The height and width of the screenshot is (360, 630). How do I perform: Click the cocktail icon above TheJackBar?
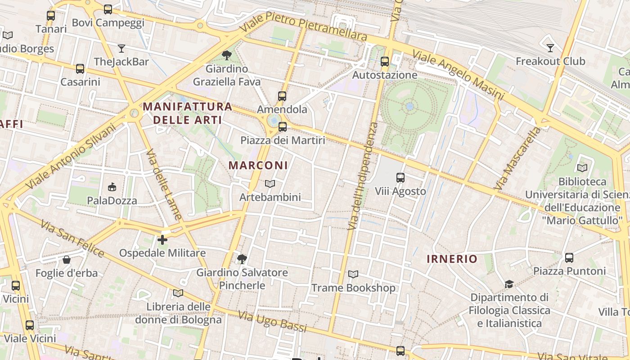(x=121, y=48)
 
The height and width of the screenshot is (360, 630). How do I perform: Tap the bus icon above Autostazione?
(x=384, y=62)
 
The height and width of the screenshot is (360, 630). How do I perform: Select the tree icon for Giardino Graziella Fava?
(x=227, y=55)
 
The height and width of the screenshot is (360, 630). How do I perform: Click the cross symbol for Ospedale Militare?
(x=162, y=240)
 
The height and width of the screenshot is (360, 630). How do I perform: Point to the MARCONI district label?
(x=258, y=165)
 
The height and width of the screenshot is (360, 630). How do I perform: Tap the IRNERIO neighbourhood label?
(x=452, y=259)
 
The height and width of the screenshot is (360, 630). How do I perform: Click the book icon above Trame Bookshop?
(x=353, y=274)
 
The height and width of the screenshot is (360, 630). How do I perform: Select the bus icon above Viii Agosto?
(x=400, y=178)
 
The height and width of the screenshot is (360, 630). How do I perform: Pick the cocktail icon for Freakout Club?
(x=550, y=48)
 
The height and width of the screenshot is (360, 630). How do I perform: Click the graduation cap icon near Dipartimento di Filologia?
(x=509, y=284)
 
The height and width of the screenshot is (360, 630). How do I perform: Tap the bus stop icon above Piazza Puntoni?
(x=569, y=258)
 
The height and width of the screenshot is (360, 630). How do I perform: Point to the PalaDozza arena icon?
(x=112, y=187)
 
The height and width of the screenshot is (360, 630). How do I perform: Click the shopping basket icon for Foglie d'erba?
(x=67, y=260)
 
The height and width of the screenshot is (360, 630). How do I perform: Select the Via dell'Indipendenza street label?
(x=363, y=175)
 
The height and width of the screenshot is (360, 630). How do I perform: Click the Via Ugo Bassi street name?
(x=272, y=321)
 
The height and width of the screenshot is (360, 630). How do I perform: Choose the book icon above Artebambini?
(x=270, y=184)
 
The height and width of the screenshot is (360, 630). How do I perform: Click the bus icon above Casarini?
(x=80, y=69)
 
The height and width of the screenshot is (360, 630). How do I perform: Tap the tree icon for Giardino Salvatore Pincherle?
(x=242, y=259)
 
